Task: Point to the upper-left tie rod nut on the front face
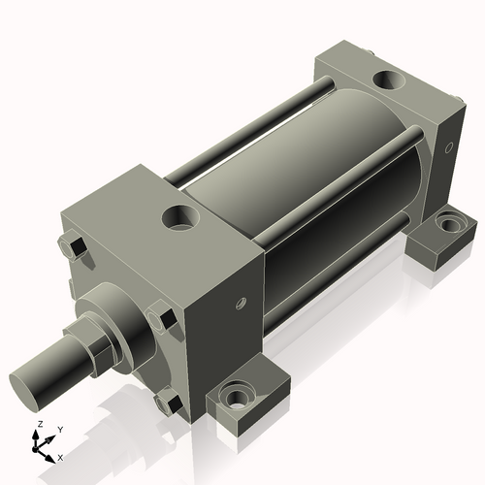coord(71,248)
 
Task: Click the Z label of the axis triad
coord(37,425)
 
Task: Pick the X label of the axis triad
coord(60,456)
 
